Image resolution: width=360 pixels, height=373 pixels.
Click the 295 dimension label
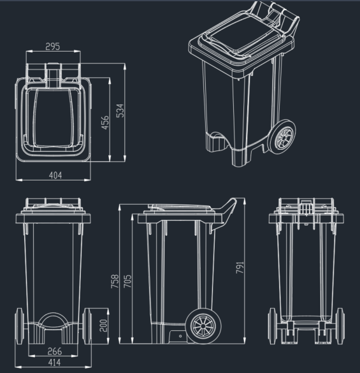point(53,47)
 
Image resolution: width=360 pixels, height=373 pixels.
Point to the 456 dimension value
point(105,122)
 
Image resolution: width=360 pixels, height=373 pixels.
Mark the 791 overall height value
point(240,268)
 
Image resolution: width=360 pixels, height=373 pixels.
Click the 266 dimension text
point(54,351)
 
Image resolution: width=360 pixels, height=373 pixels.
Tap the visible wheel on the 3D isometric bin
point(284,136)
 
